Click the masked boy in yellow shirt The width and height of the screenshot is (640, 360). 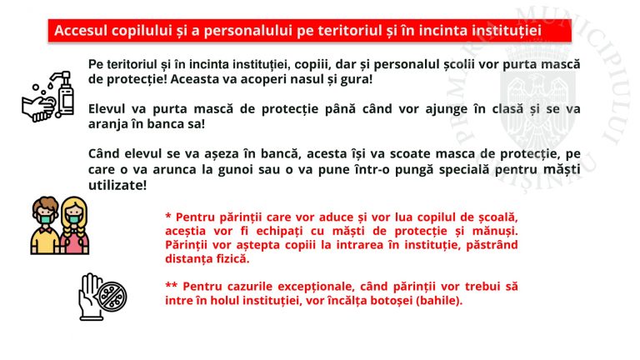(x=45, y=226)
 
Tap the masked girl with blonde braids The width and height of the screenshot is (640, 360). (x=74, y=226)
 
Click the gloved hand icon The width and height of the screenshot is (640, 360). (x=90, y=297)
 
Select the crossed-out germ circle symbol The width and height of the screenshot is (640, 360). (x=112, y=297)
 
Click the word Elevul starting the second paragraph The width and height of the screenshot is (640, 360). (x=107, y=109)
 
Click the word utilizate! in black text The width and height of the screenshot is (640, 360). (x=117, y=185)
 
